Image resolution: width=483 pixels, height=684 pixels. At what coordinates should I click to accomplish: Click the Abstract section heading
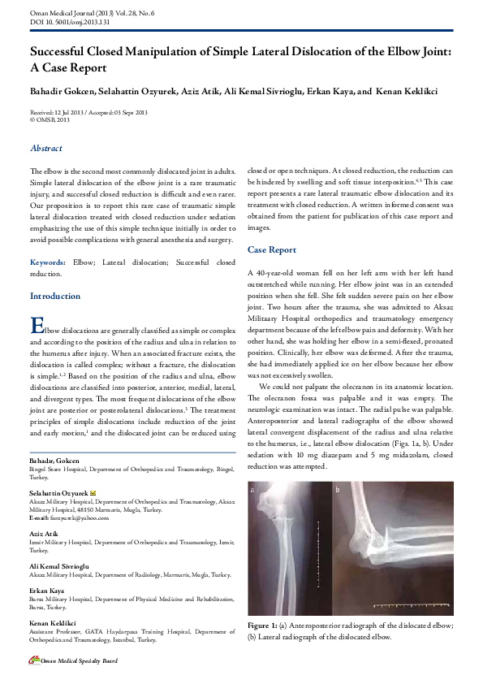coord(45,149)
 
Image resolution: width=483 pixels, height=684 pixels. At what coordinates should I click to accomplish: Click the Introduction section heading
coord(55,297)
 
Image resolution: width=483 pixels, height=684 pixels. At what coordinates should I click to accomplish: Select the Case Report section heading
coord(272,250)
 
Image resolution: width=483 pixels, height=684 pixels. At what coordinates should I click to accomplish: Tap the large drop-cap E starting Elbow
coord(37,325)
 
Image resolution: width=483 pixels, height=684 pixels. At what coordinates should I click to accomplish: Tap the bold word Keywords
coord(48,263)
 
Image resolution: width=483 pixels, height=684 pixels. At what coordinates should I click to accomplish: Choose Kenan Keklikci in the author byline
coord(410,89)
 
